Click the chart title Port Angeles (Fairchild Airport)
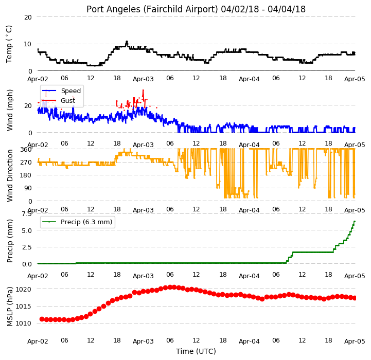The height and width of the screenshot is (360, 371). [152, 9]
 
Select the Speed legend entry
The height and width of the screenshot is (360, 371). [62, 91]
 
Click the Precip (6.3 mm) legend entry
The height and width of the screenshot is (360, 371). [77, 222]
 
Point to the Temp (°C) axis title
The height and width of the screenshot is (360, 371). [9, 44]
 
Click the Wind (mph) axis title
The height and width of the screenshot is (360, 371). [9, 110]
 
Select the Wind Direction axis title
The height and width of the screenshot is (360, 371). [9, 175]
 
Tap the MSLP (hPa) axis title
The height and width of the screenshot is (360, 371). [9, 307]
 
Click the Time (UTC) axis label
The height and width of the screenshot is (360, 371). [196, 351]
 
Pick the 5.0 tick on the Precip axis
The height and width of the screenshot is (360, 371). [27, 230]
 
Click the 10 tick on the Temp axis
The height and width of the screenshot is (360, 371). [28, 44]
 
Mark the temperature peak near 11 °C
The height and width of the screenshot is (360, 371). [127, 42]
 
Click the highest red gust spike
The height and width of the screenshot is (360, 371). [143, 91]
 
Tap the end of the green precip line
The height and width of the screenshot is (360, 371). [355, 221]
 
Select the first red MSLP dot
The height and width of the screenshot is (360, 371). [42, 319]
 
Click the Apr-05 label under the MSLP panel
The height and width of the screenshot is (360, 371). [355, 341]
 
